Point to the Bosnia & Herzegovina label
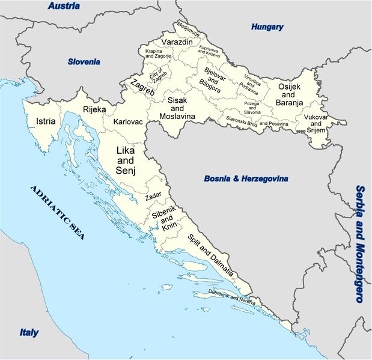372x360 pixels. [x=246, y=178]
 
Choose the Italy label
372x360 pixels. [x=28, y=332]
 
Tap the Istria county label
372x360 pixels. [x=46, y=121]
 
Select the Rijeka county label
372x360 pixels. [x=94, y=109]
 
